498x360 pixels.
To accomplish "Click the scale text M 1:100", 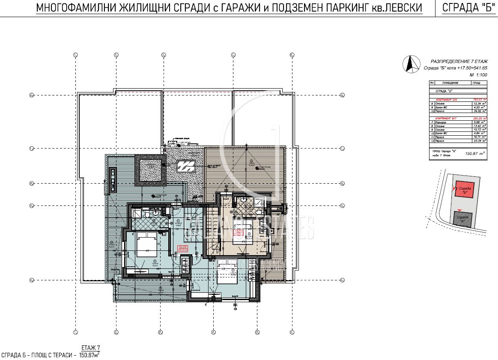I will (479, 74).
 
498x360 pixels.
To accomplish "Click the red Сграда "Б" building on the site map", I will (464, 189).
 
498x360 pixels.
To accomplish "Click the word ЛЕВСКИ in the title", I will (402, 8).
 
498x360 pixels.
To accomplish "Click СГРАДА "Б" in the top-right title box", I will (466, 8).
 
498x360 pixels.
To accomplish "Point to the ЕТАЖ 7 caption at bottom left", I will (90, 347).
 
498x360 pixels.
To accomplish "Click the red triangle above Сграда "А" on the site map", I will (459, 210).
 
